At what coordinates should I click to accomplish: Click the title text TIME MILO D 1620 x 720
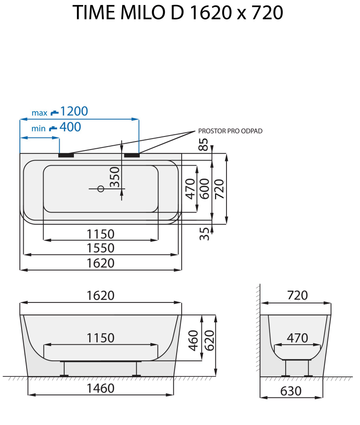(177, 13)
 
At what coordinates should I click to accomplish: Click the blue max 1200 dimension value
(74, 112)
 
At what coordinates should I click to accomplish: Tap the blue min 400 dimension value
(70, 127)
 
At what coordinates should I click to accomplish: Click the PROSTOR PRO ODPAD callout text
(230, 131)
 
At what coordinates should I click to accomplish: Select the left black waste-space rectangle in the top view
(66, 155)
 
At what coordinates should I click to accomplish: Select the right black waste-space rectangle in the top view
(132, 155)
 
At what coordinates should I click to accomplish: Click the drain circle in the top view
(101, 189)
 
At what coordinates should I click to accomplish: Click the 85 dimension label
(204, 144)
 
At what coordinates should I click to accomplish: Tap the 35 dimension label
(204, 233)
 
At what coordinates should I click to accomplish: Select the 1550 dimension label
(101, 248)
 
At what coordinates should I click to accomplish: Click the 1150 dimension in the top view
(101, 233)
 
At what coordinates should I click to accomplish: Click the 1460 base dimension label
(101, 388)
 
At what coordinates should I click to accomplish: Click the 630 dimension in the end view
(291, 391)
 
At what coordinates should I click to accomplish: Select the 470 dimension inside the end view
(297, 338)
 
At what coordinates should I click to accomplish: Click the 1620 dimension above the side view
(101, 296)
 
